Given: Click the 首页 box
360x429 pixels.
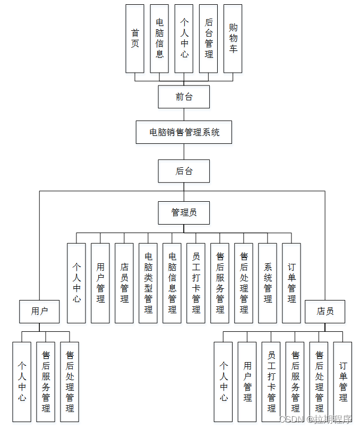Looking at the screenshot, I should [x=135, y=39].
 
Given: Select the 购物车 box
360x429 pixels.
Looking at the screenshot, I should [x=233, y=39].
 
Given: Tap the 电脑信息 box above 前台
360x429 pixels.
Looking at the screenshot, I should [x=159, y=39].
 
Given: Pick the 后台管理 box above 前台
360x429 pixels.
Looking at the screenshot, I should [x=209, y=39].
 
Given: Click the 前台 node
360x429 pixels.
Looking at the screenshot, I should [x=184, y=97].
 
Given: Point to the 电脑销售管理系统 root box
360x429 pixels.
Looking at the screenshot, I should [x=184, y=132].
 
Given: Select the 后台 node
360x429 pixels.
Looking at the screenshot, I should [x=184, y=171].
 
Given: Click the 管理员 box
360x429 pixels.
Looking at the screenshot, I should [x=184, y=212].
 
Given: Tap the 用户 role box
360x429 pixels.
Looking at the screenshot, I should [x=39, y=312].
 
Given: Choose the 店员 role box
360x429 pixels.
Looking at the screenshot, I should [x=325, y=312].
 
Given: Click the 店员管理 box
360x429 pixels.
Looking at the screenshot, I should [x=124, y=283].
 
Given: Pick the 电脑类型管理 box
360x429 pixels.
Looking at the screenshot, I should [x=148, y=283].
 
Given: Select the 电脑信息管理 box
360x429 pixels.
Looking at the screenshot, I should [x=172, y=283].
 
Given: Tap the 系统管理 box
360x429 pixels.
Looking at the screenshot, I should [x=268, y=283].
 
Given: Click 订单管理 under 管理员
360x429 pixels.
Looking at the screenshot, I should [x=292, y=283].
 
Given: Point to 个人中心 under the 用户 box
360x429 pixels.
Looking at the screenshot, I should [x=22, y=382].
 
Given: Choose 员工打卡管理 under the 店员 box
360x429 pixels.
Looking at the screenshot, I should [x=271, y=382].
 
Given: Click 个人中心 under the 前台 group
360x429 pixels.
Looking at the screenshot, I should [x=184, y=39].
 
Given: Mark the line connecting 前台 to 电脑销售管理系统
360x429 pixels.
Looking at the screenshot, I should [x=184, y=115].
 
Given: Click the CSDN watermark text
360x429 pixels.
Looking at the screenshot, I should [x=315, y=419].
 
